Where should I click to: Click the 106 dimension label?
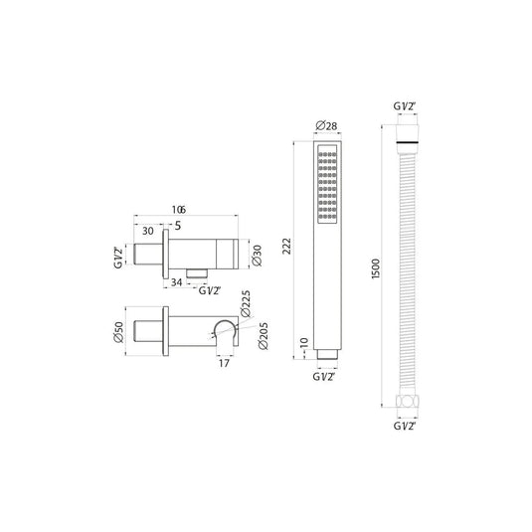(179, 210)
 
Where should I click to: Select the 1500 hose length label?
(376, 268)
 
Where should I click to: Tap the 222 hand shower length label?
(287, 247)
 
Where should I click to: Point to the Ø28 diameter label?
(326, 126)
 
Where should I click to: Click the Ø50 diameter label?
(119, 332)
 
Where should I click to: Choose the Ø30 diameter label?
(258, 256)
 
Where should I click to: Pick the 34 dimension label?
(176, 282)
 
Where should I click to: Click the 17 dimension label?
(224, 363)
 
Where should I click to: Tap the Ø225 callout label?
(246, 303)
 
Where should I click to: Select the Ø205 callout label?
(264, 336)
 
